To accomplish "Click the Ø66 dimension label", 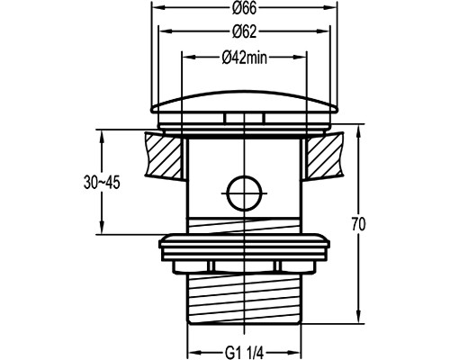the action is pos(245,8).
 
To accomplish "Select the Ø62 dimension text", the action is pos(245,31).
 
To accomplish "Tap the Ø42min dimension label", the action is pos(245,58).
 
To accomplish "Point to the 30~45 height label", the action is pos(102,183).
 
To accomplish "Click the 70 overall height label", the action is pos(358,224).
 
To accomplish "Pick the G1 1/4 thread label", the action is pos(244,353).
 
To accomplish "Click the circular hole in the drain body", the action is pos(245,193).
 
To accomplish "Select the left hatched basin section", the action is pos(164,156).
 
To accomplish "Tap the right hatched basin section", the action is pos(325,156).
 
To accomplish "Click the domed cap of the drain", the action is pos(244,102).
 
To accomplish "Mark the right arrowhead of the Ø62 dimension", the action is pos(324,31).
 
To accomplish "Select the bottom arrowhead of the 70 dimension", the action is pos(358,318).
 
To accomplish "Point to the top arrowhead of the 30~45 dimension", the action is pos(102,136).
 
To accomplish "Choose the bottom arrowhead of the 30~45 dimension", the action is pos(102,228).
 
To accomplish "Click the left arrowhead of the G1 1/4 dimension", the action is pos(194,353).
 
